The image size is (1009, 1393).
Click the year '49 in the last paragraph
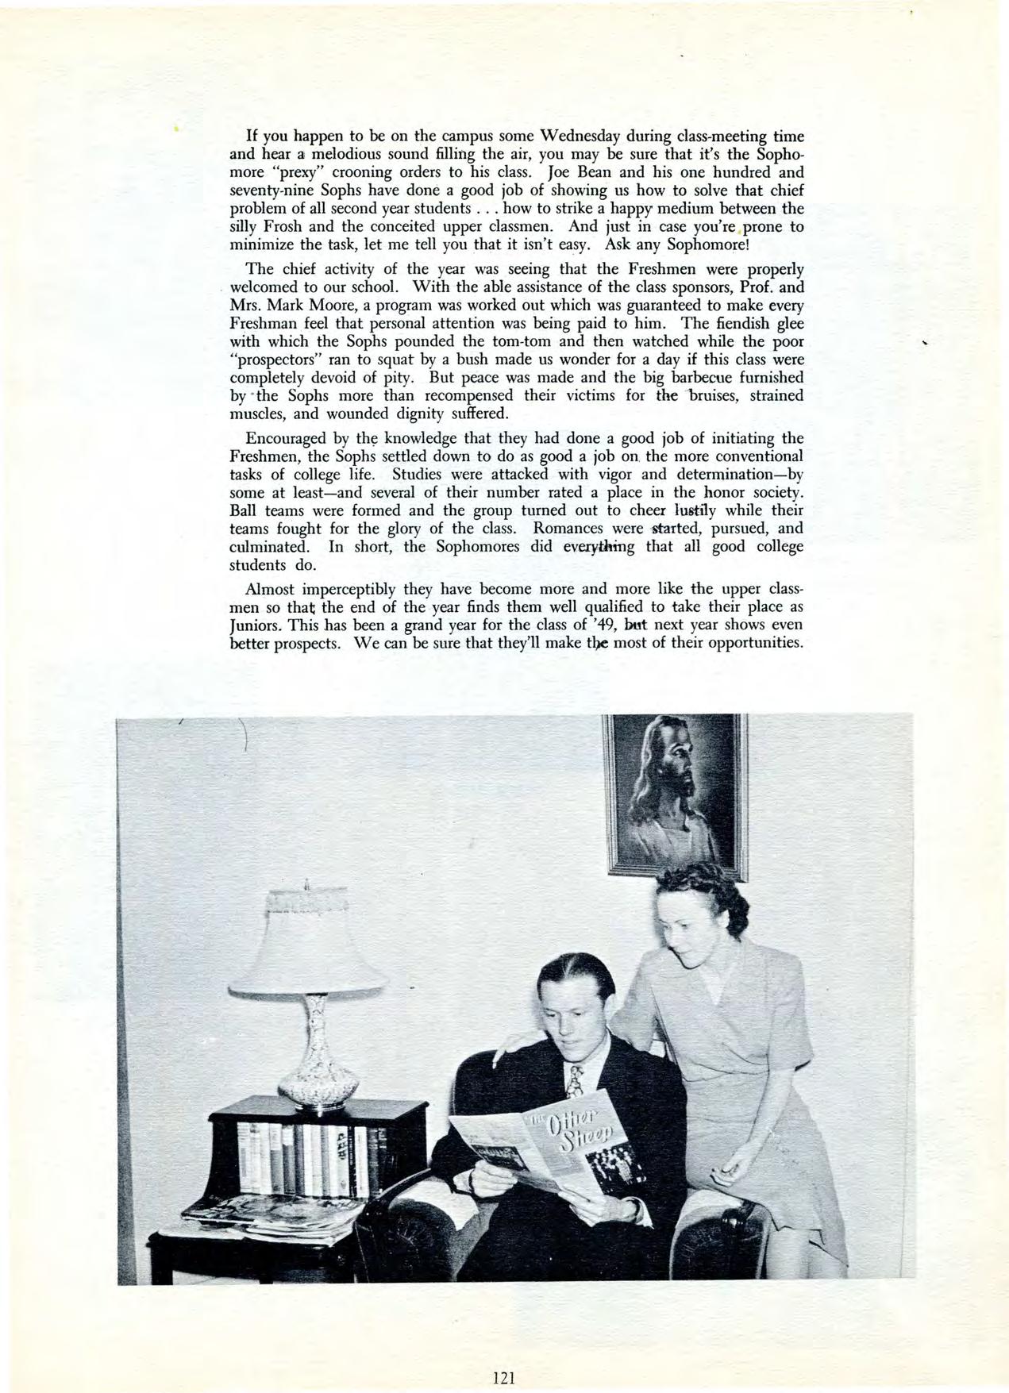pos(595,625)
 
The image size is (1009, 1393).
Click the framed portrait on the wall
pos(676,794)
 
